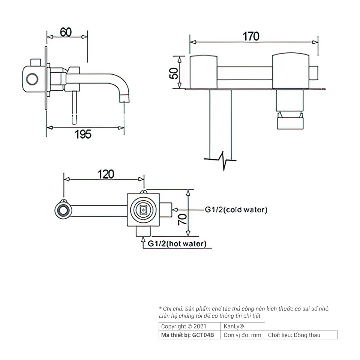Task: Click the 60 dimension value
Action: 66,32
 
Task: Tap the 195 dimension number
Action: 83,134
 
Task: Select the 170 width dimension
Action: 251,36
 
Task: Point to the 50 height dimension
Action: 174,73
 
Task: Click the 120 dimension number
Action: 106,174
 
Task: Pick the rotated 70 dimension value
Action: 183,219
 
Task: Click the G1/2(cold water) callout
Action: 236,210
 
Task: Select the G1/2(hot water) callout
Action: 177,243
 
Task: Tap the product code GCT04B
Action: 203,335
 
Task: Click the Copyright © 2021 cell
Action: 184,326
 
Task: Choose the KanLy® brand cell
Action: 234,326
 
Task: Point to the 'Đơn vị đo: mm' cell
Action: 243,335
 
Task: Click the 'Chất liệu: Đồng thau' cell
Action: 294,335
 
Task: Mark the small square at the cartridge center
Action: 143,209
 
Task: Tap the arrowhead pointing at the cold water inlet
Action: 175,210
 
